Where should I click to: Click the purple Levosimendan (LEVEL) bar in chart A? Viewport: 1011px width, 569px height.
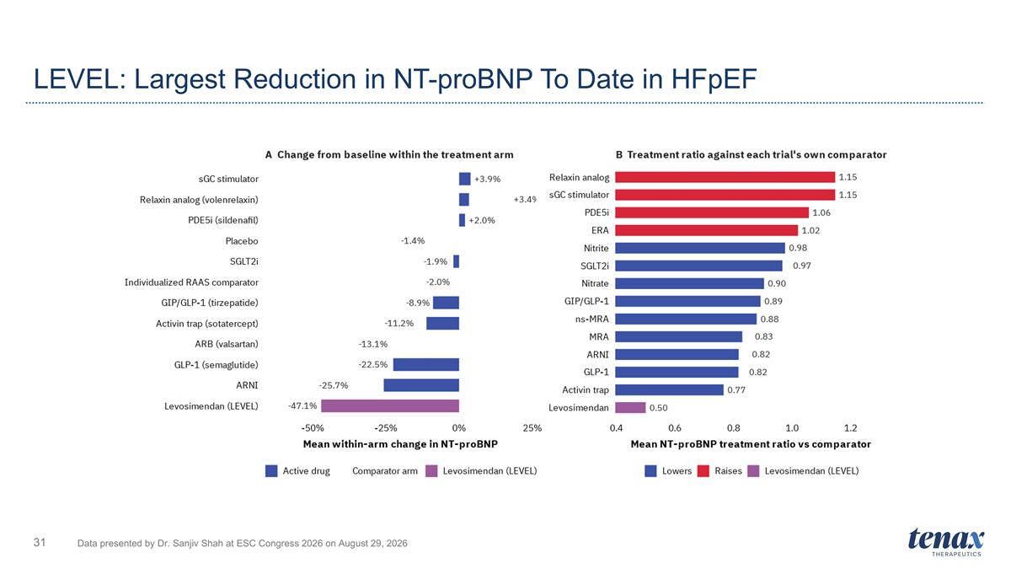pyautogui.click(x=390, y=406)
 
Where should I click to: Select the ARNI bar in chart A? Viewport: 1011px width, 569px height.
pyautogui.click(x=421, y=385)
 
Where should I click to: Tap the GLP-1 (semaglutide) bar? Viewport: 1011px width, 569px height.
pyautogui.click(x=426, y=364)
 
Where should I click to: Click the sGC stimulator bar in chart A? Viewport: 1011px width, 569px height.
pyautogui.click(x=465, y=179)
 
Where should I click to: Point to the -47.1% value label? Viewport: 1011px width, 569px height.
pyautogui.click(x=302, y=406)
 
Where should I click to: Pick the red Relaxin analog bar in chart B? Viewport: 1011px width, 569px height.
pyautogui.click(x=725, y=177)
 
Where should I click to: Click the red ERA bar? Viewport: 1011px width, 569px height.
pyautogui.click(x=707, y=230)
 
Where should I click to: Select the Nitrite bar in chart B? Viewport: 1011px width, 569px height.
pyautogui.click(x=700, y=248)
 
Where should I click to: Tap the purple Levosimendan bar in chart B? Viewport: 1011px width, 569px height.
pyautogui.click(x=630, y=408)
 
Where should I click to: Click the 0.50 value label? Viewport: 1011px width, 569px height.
pyautogui.click(x=659, y=408)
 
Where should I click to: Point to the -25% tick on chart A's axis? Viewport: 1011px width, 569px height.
pyautogui.click(x=386, y=428)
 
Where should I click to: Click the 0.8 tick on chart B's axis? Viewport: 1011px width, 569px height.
pyautogui.click(x=734, y=428)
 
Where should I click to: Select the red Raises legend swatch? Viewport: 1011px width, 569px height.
pyautogui.click(x=703, y=471)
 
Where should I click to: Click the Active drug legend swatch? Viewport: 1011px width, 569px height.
pyautogui.click(x=271, y=471)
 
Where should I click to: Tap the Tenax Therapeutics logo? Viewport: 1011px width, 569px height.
pyautogui.click(x=946, y=542)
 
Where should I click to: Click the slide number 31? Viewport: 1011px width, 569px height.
pyautogui.click(x=40, y=542)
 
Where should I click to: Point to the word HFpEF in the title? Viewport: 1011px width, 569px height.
pyautogui.click(x=714, y=79)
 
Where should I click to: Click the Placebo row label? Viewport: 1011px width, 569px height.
pyautogui.click(x=242, y=241)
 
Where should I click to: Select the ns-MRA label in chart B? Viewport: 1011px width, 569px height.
pyautogui.click(x=592, y=319)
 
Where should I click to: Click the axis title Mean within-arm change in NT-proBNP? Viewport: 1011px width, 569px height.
pyautogui.click(x=400, y=444)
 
